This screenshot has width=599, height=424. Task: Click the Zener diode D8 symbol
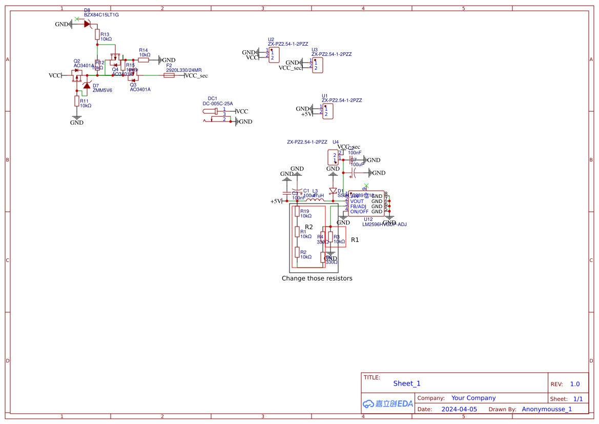tap(87, 24)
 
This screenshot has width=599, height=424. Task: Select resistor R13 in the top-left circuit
tap(96, 34)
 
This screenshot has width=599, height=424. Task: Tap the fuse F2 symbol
tap(169, 75)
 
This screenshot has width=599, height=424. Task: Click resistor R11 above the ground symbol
tap(76, 101)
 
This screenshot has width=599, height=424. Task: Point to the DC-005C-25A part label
tap(218, 104)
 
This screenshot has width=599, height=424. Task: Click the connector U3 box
tap(318, 65)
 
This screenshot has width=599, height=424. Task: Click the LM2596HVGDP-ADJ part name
tap(384, 224)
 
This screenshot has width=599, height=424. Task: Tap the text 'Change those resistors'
tap(317, 278)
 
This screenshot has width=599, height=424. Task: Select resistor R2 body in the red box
tap(297, 252)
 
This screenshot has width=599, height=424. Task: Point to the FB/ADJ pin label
tap(358, 206)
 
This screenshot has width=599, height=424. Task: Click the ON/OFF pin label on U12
tap(359, 211)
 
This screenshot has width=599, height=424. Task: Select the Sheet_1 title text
tap(407, 383)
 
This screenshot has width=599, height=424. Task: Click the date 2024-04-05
tap(459, 409)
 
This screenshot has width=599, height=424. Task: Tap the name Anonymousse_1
tap(547, 409)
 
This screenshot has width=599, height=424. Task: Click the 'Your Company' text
tap(473, 398)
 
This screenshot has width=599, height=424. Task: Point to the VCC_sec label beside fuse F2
tap(196, 76)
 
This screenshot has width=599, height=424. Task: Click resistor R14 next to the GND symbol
tap(143, 59)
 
